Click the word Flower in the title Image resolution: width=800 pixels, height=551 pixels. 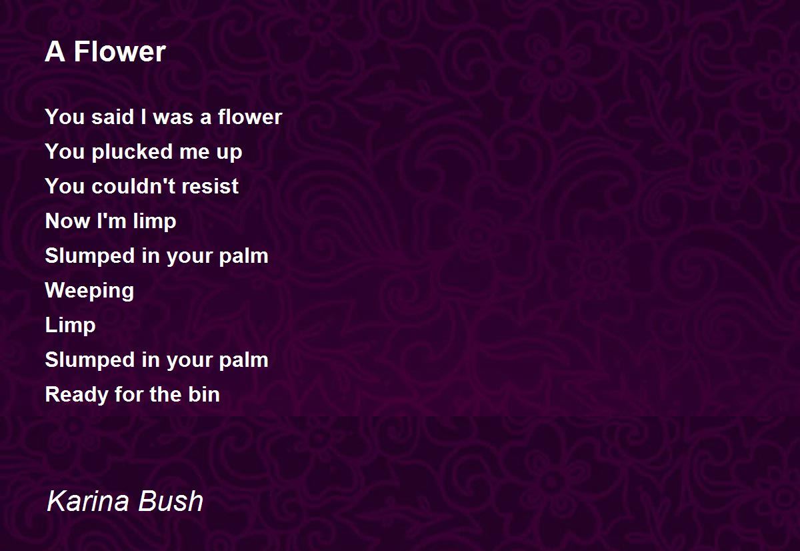[120, 52]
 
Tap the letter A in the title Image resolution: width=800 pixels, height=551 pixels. [55, 52]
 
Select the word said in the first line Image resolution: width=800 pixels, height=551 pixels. [113, 117]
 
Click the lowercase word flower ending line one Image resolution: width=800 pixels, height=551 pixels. [250, 117]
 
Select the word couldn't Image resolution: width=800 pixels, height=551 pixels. [133, 186]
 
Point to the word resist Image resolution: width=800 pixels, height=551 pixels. [210, 186]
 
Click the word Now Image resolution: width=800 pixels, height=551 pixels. [67, 221]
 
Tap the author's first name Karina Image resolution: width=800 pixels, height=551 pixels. [88, 500]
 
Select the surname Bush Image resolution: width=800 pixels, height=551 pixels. [171, 500]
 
